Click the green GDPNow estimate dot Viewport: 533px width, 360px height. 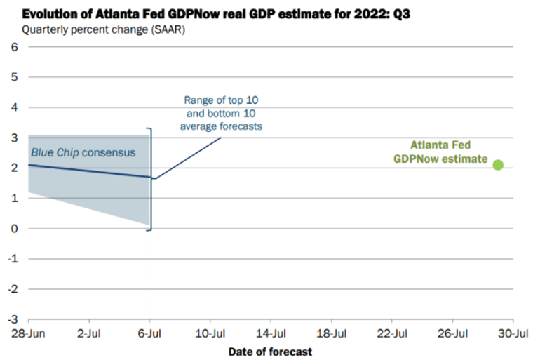point(498,165)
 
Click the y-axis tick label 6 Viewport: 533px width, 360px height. point(13,47)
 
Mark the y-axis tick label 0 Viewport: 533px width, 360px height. point(13,229)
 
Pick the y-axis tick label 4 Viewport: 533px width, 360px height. point(13,107)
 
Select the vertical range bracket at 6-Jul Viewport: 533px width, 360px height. point(149,179)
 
